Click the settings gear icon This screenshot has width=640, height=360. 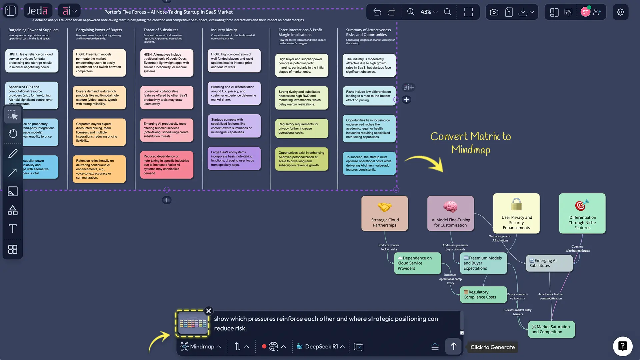point(620,12)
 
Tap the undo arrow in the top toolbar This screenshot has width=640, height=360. point(377,12)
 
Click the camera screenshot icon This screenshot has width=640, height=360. point(494,12)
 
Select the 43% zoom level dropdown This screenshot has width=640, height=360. point(429,12)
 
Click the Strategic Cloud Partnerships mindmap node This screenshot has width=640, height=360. point(385,213)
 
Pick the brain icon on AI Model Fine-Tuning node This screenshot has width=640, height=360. point(450,206)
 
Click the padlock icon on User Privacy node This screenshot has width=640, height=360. point(516,204)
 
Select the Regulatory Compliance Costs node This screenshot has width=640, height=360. point(483,295)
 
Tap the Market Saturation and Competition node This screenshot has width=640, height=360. point(551,329)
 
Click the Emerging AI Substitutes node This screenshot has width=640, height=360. point(549,263)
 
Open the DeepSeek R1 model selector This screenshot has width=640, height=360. point(321,347)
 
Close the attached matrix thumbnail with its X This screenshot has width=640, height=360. point(209,311)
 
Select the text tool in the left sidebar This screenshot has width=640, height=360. point(13,229)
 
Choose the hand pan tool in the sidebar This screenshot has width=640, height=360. point(13,134)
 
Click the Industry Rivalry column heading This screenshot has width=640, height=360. point(224,30)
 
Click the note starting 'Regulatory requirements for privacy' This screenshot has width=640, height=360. point(301,128)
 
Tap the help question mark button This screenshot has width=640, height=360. point(622,346)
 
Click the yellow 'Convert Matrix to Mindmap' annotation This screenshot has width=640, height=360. point(470,143)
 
